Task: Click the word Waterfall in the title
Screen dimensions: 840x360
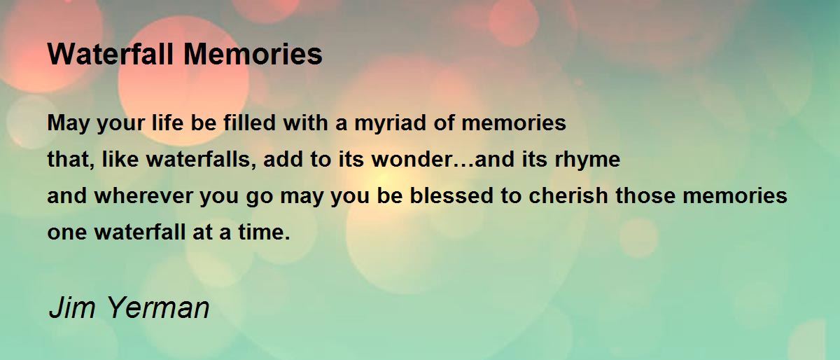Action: (x=111, y=54)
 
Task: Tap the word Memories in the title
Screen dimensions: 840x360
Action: (x=253, y=54)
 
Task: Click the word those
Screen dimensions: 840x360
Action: (x=645, y=196)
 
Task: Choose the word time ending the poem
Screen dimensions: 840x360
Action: (x=264, y=232)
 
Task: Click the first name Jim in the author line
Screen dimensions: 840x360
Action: (x=72, y=307)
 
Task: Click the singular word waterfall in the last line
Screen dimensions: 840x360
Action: (x=140, y=232)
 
